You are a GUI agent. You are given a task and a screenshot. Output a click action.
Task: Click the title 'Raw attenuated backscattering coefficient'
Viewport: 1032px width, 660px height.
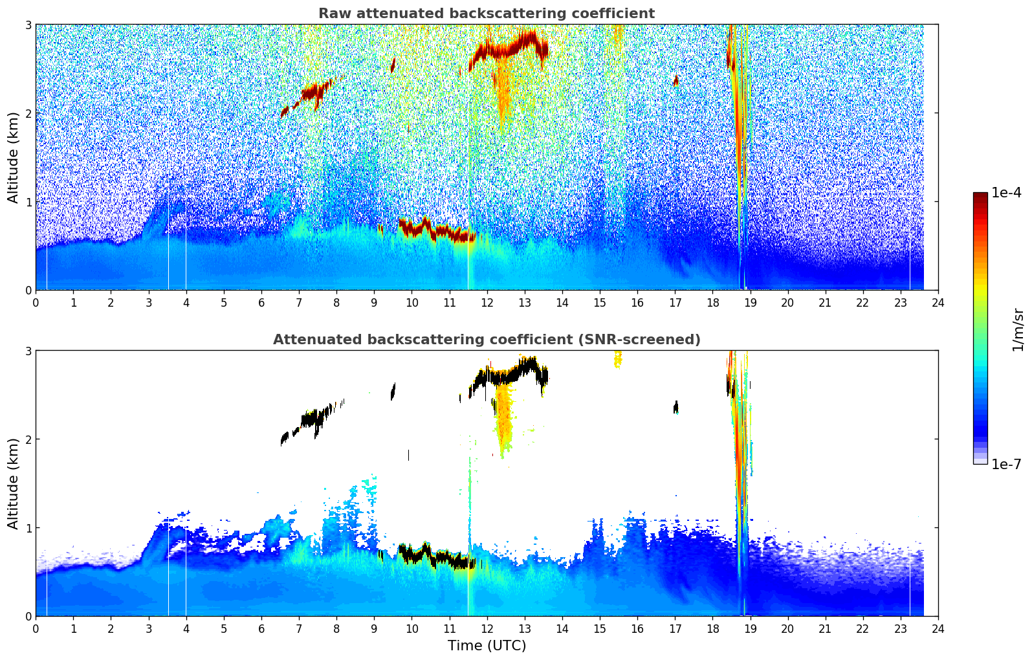[x=487, y=14]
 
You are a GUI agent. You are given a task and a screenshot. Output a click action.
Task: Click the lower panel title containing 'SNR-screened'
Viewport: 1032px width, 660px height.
[x=487, y=340]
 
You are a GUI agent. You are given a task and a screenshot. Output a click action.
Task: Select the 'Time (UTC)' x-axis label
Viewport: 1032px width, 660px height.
[x=487, y=645]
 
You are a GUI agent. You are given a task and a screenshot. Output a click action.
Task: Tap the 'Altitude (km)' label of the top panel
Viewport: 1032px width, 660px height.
[x=14, y=157]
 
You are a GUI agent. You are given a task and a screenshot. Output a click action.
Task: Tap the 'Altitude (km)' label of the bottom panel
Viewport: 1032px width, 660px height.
[x=14, y=483]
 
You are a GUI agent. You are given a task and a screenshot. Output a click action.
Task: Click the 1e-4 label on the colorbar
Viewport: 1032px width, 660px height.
[x=1006, y=193]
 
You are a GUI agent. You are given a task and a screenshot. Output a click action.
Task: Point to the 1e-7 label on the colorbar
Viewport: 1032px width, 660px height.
[x=1006, y=464]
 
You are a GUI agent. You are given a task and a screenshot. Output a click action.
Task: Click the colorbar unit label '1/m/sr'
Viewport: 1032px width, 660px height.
[x=1018, y=329]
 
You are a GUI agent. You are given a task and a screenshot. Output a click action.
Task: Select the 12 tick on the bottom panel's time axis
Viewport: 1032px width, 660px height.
[x=487, y=629]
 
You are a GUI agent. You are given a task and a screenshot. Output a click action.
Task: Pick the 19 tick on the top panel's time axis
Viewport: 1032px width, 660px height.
[x=750, y=303]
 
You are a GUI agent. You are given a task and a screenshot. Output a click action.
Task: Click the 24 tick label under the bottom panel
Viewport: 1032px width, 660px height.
[x=938, y=629]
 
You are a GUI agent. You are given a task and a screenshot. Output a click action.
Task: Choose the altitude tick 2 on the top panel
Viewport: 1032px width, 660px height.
[x=28, y=113]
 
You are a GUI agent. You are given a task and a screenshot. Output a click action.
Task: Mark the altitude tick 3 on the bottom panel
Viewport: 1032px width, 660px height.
[x=28, y=351]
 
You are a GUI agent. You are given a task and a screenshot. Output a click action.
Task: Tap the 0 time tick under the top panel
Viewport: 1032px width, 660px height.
[x=36, y=303]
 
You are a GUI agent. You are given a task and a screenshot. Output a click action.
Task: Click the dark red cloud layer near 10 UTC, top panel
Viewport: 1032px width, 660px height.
[x=427, y=230]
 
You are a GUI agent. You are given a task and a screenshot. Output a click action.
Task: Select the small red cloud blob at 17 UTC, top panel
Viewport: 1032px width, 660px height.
[x=675, y=80]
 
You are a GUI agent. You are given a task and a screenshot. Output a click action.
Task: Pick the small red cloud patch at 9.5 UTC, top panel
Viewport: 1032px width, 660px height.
[x=393, y=65]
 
